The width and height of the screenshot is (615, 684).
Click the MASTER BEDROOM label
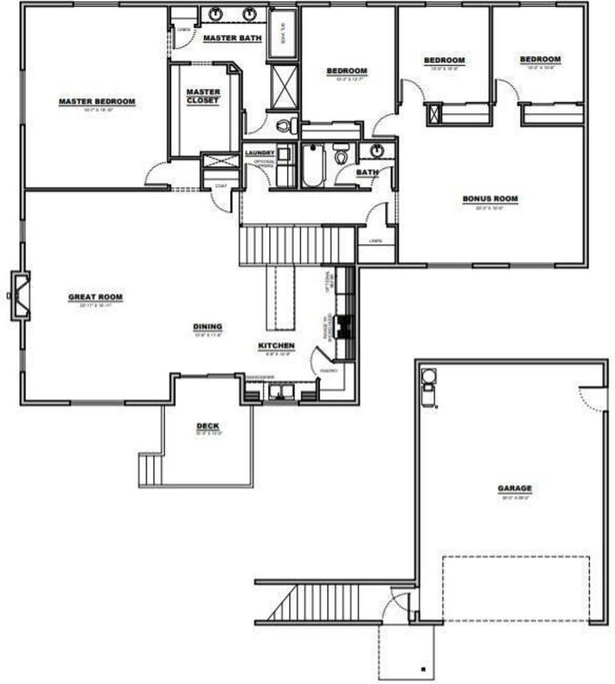coord(96,102)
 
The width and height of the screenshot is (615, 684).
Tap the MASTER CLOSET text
coord(204,96)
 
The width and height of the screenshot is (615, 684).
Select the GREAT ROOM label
coord(95,297)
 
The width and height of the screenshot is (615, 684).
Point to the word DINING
coord(207,327)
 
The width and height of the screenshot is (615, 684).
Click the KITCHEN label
coord(276,346)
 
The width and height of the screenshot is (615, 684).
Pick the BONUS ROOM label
coord(490,199)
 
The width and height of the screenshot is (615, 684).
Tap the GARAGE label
coord(514,489)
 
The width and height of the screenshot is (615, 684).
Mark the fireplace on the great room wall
coord(19,294)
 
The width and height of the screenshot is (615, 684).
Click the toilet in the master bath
coord(286,126)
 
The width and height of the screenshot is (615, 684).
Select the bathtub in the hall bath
coord(312,165)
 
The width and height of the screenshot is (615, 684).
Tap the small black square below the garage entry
coord(424,669)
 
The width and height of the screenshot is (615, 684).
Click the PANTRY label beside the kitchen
coord(328,370)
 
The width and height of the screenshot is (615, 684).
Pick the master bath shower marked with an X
coord(284,86)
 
